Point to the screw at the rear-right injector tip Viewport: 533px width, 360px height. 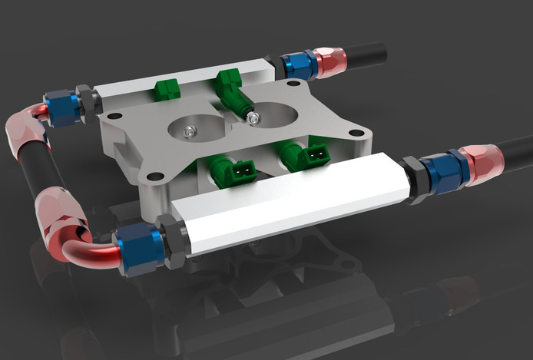[253, 117]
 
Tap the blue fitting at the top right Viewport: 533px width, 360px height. [300, 65]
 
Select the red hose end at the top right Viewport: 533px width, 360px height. [333, 61]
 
